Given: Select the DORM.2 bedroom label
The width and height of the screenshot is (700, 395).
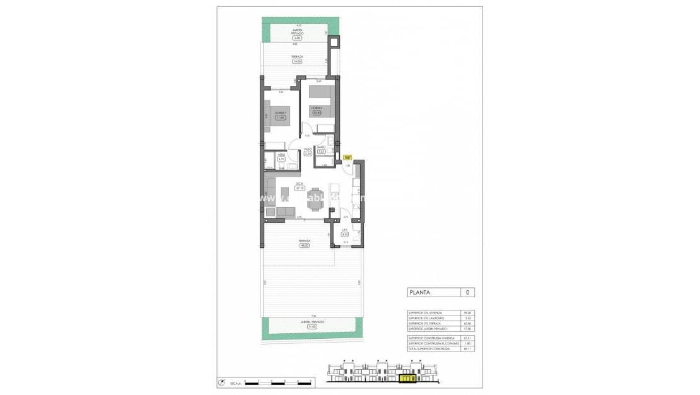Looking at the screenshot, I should [x=317, y=108].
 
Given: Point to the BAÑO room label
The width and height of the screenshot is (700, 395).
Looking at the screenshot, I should [x=321, y=147].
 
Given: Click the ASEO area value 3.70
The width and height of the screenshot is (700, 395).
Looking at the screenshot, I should [x=281, y=159].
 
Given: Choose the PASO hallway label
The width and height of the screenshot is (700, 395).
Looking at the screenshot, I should [x=308, y=149].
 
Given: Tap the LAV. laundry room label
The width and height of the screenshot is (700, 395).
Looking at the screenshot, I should [x=345, y=230].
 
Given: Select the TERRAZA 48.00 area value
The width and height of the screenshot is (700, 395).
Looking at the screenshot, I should [x=305, y=245].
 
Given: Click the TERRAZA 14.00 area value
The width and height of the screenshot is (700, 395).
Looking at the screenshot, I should [x=296, y=61].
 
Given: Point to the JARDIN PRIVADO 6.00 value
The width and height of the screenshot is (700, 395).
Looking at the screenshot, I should [x=296, y=38].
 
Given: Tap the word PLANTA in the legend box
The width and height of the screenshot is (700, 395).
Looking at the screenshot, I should [x=420, y=292].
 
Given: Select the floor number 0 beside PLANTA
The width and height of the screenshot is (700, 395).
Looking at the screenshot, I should [x=467, y=292].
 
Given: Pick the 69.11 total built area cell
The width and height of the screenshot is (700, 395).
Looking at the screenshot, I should [x=467, y=348].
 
